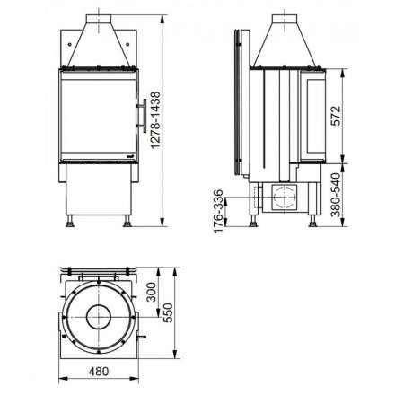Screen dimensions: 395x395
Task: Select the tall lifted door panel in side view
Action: pos(238,103)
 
